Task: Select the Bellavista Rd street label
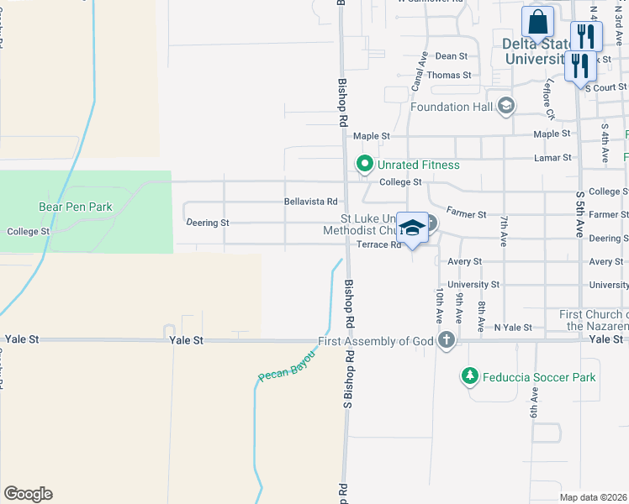point(310,202)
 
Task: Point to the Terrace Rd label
point(378,245)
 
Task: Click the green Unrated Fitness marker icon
point(365,163)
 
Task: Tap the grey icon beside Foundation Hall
point(506,107)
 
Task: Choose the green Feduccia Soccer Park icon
point(470,377)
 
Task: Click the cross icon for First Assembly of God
point(447,340)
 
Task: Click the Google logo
point(28,494)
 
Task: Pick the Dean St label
point(451,56)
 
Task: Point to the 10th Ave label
point(439,307)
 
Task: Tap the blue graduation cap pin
point(412,228)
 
